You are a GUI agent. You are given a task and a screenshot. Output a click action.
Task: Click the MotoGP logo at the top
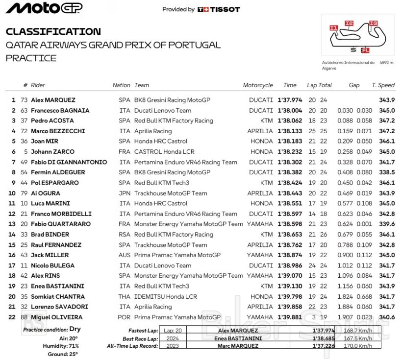44,8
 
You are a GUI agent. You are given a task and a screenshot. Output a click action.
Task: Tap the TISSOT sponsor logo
219,9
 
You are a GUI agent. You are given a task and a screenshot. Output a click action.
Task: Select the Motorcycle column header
258,85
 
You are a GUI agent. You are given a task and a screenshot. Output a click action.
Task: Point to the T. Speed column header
383,85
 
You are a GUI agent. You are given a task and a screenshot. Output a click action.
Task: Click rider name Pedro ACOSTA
52,120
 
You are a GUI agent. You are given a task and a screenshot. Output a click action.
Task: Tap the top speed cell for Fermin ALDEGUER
387,172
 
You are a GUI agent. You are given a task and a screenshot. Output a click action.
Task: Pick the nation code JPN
125,193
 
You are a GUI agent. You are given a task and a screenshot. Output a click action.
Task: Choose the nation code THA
125,296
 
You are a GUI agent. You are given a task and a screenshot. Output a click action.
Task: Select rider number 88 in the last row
24,317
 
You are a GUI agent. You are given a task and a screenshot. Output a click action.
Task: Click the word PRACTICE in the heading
31,58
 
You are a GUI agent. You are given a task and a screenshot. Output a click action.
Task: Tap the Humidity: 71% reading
61,346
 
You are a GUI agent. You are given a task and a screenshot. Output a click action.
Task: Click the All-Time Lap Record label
132,346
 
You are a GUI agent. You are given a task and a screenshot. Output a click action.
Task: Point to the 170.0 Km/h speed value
357,346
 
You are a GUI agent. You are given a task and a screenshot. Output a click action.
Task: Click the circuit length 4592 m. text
387,63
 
